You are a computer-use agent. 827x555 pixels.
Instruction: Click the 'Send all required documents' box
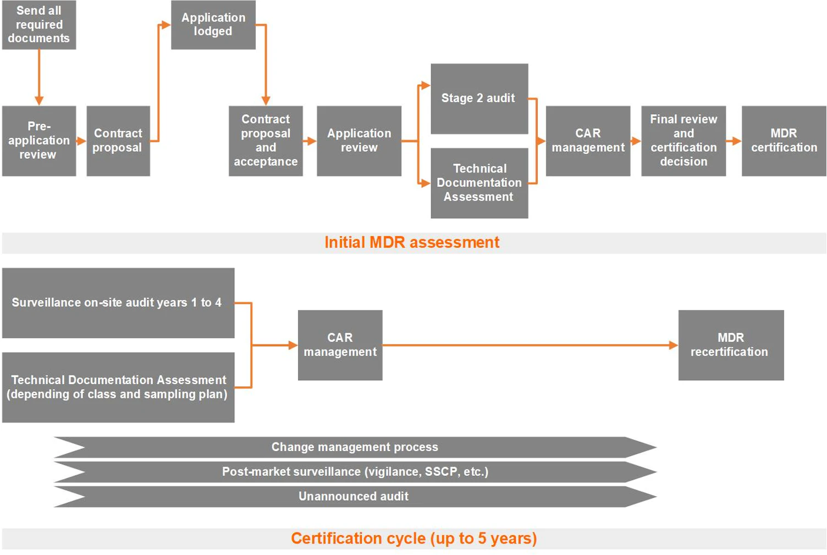39,25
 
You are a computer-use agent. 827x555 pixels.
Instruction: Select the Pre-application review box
39,141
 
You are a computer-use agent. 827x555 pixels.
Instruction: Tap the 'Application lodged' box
213,25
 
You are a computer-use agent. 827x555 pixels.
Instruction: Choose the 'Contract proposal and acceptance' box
266,141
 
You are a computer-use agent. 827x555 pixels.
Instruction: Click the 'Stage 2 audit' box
479,98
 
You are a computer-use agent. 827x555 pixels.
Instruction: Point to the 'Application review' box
359,141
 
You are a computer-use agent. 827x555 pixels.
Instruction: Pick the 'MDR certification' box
784,141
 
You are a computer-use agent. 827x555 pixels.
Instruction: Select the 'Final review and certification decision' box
683,141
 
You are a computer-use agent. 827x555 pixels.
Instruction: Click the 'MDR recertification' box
730,345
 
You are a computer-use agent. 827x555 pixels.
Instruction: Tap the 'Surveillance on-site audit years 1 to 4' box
118,303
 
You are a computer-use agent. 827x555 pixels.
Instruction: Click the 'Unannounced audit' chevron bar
354,496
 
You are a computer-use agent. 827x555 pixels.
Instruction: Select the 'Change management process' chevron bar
354,447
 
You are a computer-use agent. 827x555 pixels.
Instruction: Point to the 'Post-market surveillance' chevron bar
354,472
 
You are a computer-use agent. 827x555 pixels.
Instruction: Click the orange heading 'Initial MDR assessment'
412,242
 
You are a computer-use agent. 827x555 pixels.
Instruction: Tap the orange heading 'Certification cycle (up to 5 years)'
413,539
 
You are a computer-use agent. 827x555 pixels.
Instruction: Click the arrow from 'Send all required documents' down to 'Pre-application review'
39,77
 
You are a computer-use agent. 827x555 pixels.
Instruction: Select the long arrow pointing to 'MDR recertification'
528,345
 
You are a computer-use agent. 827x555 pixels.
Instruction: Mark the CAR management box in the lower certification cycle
340,345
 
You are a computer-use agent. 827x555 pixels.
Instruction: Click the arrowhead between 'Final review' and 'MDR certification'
736,141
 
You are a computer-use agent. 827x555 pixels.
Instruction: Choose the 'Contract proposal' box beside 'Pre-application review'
118,141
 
